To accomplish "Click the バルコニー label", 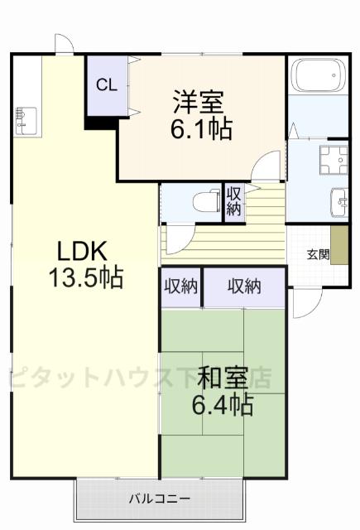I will pyautogui.click(x=160, y=499).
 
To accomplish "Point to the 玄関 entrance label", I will pyautogui.click(x=317, y=254).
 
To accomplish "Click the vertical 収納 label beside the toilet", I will pyautogui.click(x=234, y=201).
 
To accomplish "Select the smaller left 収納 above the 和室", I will pyautogui.click(x=180, y=287).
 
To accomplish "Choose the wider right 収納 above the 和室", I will pyautogui.click(x=244, y=287).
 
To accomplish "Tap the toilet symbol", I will pyautogui.click(x=203, y=200).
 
